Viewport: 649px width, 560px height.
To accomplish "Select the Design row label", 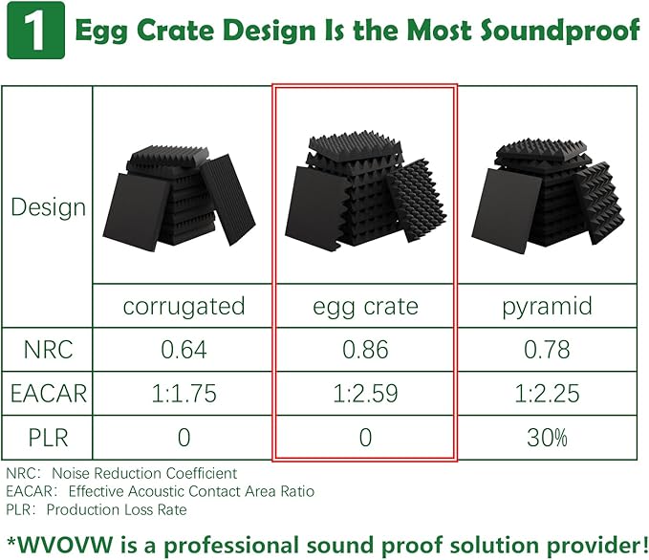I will (48, 207).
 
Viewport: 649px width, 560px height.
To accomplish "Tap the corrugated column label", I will (184, 306).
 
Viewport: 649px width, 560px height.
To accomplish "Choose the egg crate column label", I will (365, 306).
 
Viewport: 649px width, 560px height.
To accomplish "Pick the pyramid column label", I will (546, 306).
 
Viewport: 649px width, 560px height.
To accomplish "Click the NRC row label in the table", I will (48, 350).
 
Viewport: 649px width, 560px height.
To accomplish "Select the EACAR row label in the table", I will (48, 393).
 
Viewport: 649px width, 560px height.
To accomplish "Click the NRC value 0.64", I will (184, 350).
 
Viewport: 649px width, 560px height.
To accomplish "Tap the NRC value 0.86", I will (365, 350).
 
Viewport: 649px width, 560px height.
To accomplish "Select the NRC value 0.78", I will (546, 350).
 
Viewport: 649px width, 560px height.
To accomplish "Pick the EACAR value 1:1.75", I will (184, 393).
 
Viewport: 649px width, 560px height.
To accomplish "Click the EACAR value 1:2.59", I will (365, 393).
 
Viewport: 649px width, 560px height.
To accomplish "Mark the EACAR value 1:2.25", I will (546, 393).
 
